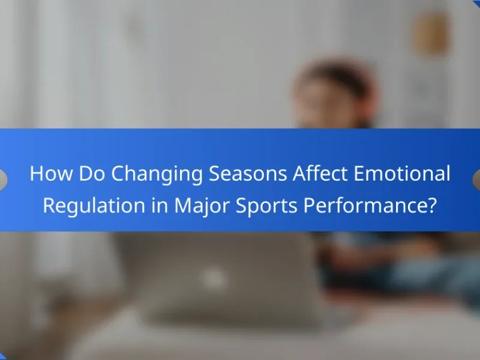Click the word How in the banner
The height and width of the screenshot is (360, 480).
[52, 173]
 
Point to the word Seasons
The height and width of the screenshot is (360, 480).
[248, 173]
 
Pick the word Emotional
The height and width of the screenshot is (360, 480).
[402, 173]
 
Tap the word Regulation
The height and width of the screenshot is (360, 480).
[94, 206]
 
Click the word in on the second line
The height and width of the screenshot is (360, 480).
[160, 205]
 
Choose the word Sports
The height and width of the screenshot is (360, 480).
[266, 206]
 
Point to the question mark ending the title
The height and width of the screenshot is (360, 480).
[430, 205]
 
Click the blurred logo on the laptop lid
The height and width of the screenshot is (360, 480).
[214, 277]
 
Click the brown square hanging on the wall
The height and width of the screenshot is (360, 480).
[431, 34]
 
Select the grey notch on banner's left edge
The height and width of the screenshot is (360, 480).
[3, 180]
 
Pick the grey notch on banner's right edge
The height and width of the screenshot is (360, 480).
[476, 180]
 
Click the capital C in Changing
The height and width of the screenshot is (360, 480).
[118, 173]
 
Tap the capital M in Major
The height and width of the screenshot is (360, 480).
[184, 205]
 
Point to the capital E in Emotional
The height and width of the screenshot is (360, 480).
[359, 173]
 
